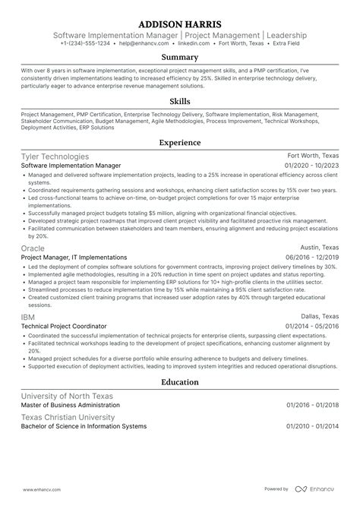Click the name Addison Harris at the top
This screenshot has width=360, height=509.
coord(180,23)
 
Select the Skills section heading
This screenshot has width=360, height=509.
coord(180,101)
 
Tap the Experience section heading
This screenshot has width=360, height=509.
coord(180,142)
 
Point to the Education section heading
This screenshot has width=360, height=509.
coord(180,382)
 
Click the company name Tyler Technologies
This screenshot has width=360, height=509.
coord(55,156)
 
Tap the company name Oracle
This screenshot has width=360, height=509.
coord(33,248)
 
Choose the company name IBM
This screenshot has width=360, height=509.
coord(28,315)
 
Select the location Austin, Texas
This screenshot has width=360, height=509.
coord(318,248)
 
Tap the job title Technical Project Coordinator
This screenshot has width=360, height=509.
coord(64,325)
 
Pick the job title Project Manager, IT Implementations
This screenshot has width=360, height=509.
coord(74,257)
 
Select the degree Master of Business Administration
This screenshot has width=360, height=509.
coord(71,406)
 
